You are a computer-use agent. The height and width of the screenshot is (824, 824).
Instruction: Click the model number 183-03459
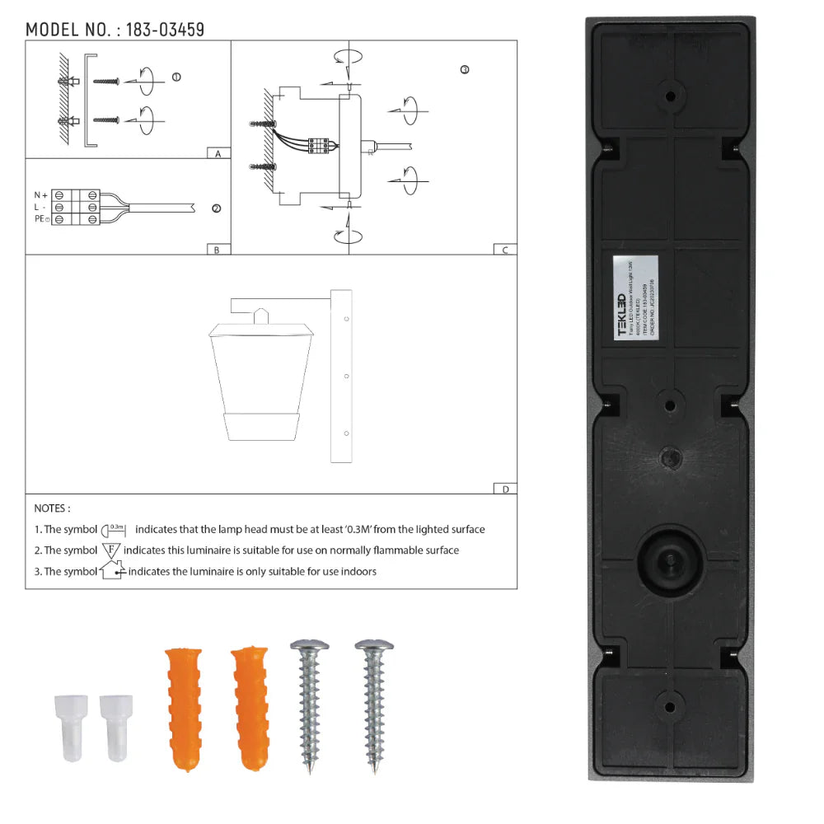tap(165, 30)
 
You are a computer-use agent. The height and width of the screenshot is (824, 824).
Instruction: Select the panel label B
tap(217, 250)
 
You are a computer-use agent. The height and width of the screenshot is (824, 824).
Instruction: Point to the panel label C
tap(504, 250)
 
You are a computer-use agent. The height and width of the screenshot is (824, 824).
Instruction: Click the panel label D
tap(504, 489)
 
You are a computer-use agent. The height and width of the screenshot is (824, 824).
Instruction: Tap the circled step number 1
tap(176, 77)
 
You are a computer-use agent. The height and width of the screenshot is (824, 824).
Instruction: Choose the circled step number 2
tap(216, 208)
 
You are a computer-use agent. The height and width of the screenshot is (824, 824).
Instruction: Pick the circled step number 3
tap(465, 70)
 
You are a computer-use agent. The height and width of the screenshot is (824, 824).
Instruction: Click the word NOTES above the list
tap(52, 509)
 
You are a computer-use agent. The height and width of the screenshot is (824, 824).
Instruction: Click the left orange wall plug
tap(183, 709)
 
